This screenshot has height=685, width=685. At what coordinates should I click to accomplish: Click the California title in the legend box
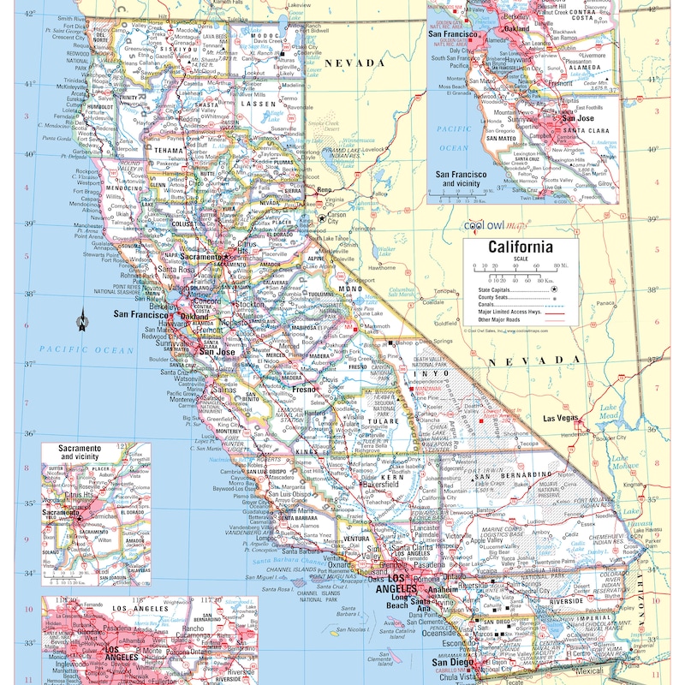[x=520, y=248]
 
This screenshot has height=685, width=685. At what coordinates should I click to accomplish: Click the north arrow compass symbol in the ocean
[x=82, y=321]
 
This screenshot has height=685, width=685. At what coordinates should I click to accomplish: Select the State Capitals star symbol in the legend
[x=554, y=290]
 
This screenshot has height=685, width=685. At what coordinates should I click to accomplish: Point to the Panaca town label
[x=605, y=302]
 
